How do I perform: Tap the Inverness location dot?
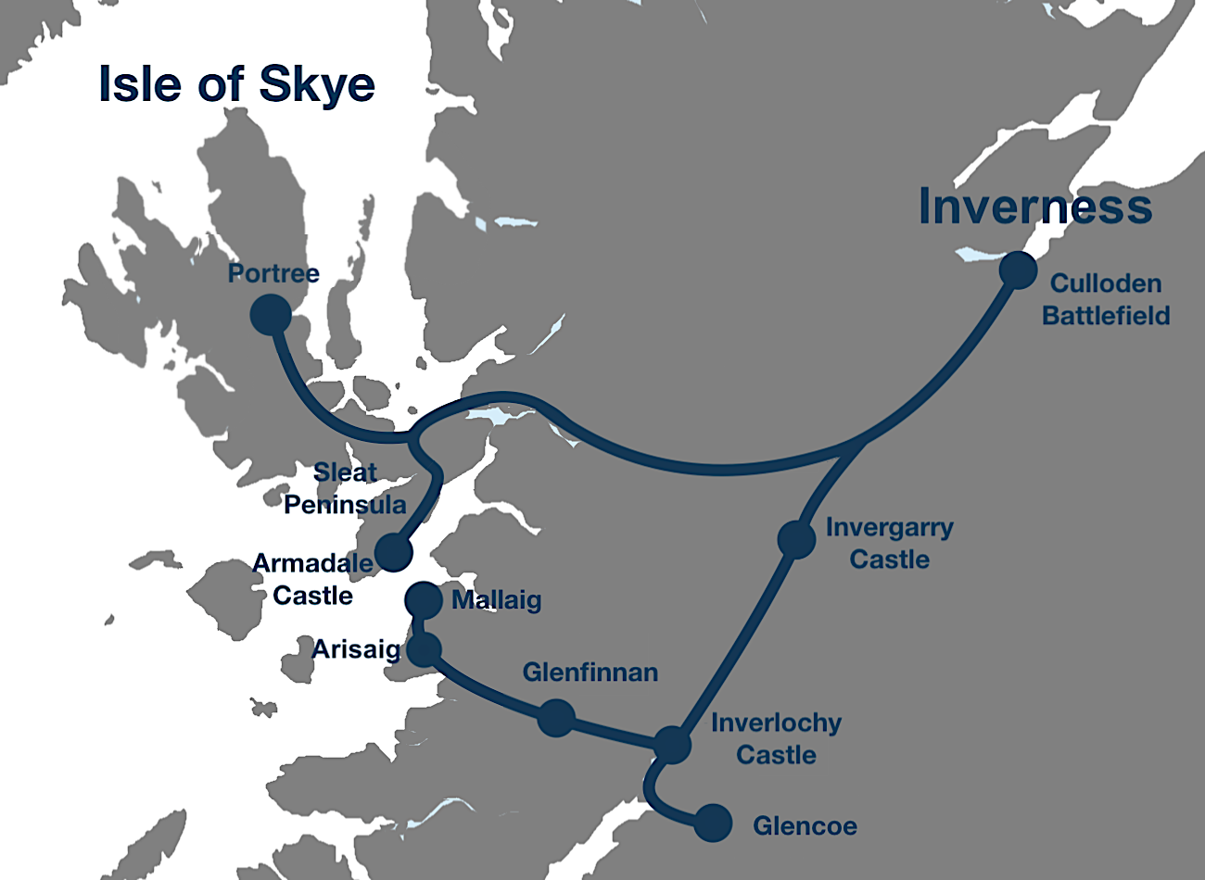1018,270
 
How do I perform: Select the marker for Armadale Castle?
394,552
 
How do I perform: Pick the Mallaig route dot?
424,599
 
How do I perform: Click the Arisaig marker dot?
424,650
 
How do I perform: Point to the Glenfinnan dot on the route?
556,718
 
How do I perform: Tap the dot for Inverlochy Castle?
672,745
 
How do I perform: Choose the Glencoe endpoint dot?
713,823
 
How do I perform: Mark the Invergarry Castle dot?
796,539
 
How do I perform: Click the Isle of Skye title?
236,84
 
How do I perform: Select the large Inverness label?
1035,207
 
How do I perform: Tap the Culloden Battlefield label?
1106,299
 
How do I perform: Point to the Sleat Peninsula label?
346,488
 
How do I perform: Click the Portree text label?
273,273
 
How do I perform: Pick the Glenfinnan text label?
590,673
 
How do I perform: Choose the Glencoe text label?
805,825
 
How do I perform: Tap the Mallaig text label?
496,600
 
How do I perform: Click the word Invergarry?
889,528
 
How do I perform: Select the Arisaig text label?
355,649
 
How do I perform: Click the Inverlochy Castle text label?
776,738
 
